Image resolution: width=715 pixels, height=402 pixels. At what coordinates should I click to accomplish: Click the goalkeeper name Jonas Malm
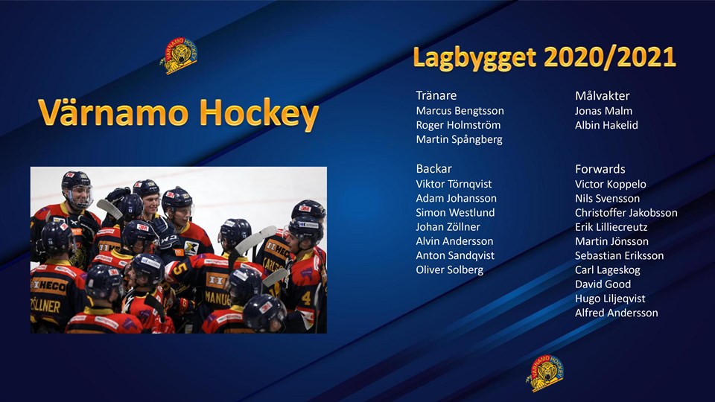(x=603, y=111)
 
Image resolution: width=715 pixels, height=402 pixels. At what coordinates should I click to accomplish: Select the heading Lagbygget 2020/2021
(x=544, y=57)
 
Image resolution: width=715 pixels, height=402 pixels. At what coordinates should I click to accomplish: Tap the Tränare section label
(x=436, y=95)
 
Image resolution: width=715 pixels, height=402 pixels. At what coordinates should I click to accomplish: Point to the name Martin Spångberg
(x=459, y=139)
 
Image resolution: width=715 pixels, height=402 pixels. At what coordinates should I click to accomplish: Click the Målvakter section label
(x=602, y=96)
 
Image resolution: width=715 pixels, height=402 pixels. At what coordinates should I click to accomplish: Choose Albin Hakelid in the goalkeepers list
(x=606, y=125)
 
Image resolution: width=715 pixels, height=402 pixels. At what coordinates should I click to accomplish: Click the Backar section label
(x=433, y=169)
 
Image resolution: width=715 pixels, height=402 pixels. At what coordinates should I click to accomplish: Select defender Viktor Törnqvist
(x=454, y=184)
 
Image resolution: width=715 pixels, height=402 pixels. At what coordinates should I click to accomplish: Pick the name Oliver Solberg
(x=449, y=269)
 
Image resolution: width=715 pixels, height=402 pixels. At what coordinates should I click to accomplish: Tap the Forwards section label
(x=600, y=169)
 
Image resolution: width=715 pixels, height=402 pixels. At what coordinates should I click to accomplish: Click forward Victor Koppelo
(x=610, y=184)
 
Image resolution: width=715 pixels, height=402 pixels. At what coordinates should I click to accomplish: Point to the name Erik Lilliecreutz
(x=611, y=227)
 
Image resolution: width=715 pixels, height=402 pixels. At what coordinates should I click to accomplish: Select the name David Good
(x=603, y=284)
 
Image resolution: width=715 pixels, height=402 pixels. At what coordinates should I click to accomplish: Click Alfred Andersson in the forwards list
(x=616, y=313)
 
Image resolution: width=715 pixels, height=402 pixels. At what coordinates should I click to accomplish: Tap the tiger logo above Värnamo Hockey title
(x=179, y=56)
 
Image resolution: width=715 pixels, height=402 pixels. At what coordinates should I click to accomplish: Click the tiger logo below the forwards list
(x=545, y=373)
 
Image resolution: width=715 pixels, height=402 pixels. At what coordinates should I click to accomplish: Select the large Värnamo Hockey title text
(x=178, y=113)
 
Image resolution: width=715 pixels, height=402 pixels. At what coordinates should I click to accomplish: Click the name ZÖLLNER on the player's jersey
(x=45, y=305)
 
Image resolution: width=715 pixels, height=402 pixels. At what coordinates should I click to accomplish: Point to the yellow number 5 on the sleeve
(x=179, y=268)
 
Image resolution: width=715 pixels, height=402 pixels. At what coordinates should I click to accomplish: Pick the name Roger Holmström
(x=458, y=125)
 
